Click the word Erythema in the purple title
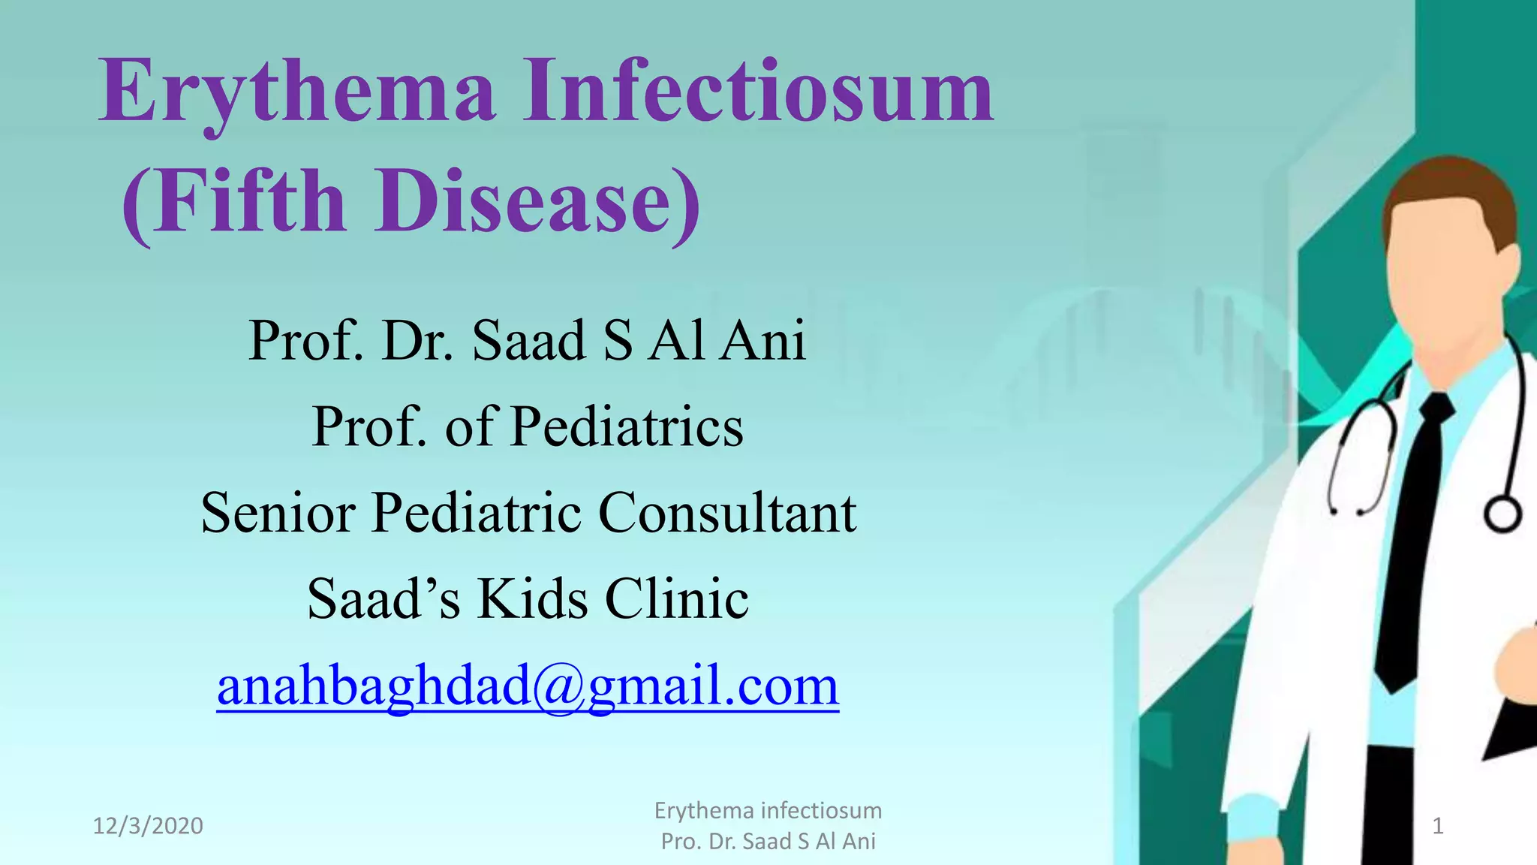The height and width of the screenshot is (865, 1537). [297, 93]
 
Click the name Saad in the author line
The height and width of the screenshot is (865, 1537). [528, 342]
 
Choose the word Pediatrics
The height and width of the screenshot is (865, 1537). [627, 427]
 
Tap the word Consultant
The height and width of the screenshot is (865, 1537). [727, 513]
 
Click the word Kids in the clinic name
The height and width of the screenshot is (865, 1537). [532, 599]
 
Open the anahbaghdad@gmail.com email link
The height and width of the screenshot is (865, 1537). [528, 686]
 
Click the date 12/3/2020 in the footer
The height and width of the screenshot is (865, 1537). [148, 826]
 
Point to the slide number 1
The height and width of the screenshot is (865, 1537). [1438, 827]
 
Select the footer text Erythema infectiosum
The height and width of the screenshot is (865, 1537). [768, 811]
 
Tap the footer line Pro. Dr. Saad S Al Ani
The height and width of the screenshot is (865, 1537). [768, 842]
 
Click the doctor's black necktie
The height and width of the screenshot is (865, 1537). [1415, 541]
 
